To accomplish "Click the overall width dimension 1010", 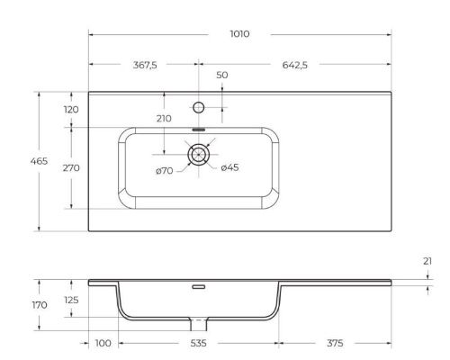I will [239, 33].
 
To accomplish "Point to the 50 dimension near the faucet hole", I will [221, 76].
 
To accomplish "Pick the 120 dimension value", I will [71, 109].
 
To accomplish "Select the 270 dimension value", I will [71, 168].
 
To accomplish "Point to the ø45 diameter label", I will [229, 167].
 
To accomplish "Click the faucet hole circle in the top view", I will [199, 108].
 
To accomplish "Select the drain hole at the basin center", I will [198, 155].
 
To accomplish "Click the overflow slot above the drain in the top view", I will [198, 130].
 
